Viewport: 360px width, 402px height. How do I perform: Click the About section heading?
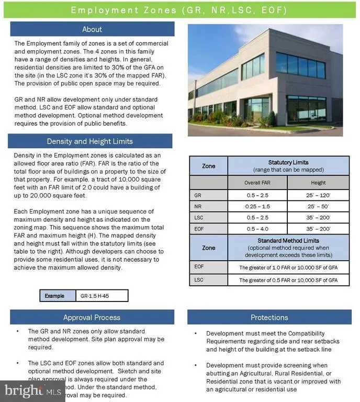[92, 29]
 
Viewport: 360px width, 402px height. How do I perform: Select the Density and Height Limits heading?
[89, 141]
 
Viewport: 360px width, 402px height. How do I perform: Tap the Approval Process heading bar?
[92, 317]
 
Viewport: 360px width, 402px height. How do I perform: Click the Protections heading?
[269, 317]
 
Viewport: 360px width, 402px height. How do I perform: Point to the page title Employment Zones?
[180, 10]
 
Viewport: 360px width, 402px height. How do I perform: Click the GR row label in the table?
[197, 195]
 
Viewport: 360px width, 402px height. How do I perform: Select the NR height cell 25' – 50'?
[318, 207]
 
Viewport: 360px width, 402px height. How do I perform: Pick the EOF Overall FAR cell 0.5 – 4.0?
[257, 229]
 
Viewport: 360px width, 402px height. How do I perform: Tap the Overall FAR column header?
[257, 183]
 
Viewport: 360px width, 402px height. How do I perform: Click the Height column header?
[318, 183]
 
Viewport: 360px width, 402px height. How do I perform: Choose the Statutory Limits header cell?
[288, 166]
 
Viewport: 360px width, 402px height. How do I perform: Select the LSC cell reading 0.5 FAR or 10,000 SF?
[288, 280]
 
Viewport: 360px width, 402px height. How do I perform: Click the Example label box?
[58, 296]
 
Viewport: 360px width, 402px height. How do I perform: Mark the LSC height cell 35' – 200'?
[318, 218]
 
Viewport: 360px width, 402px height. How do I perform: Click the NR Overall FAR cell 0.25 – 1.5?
[257, 207]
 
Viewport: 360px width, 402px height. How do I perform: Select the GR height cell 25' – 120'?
[318, 195]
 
